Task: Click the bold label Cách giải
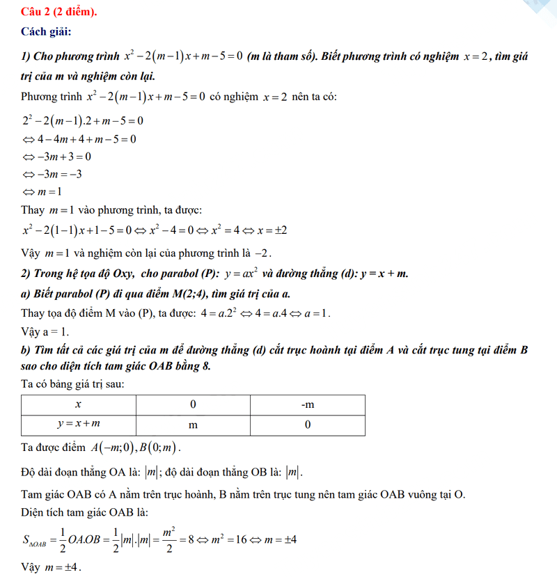[46, 31]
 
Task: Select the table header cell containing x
[78, 404]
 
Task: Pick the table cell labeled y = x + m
[78, 424]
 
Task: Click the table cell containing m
[192, 424]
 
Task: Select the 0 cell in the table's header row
[192, 404]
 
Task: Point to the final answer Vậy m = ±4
[52, 567]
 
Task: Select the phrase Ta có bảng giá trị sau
[73, 384]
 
